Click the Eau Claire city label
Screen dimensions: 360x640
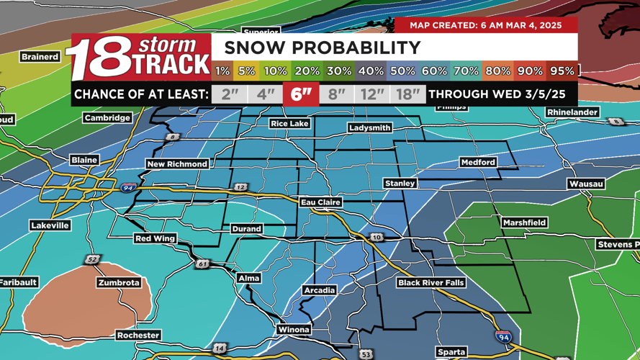(x=320, y=202)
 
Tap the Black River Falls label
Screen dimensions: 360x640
(x=431, y=283)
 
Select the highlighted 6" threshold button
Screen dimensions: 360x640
(x=301, y=94)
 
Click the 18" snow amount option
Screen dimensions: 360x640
(x=407, y=94)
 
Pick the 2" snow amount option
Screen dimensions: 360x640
(x=230, y=94)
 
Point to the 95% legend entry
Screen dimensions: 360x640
(x=562, y=71)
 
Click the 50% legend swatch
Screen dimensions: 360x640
(x=402, y=71)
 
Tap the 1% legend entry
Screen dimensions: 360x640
(x=222, y=71)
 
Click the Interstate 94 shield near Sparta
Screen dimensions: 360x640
(x=503, y=336)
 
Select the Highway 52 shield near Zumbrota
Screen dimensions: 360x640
(x=92, y=259)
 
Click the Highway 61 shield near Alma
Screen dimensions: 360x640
(x=202, y=264)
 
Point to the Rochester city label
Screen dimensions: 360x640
(x=138, y=335)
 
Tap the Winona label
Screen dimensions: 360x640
(x=294, y=329)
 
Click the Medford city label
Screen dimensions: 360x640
(x=478, y=162)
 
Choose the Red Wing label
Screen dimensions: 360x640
(x=155, y=238)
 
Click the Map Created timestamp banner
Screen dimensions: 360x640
(x=485, y=25)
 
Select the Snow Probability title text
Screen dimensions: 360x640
(x=322, y=48)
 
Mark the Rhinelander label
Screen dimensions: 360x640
(x=572, y=112)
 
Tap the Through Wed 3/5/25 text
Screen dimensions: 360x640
(x=497, y=94)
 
